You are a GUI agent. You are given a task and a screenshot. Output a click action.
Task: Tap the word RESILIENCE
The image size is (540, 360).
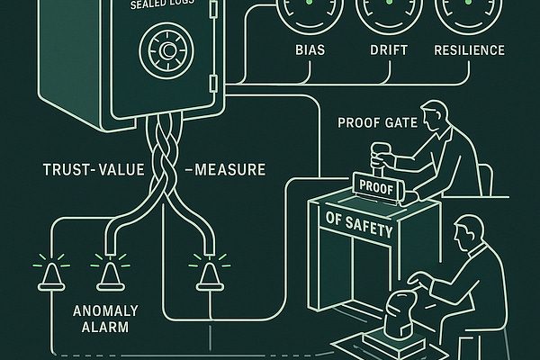470,49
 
